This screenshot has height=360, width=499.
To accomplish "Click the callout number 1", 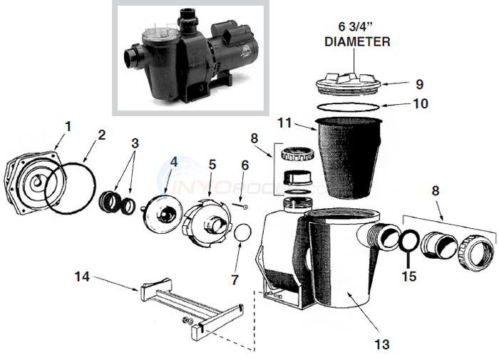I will pyautogui.click(x=68, y=126).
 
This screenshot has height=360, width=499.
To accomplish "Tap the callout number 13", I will pyautogui.click(x=382, y=344).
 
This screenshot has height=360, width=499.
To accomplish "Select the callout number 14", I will pyautogui.click(x=83, y=276).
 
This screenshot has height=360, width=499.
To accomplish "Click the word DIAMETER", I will pyautogui.click(x=357, y=41).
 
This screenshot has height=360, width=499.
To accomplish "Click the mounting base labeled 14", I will pyautogui.click(x=189, y=307).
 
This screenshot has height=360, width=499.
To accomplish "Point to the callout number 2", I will pyautogui.click(x=101, y=133).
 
